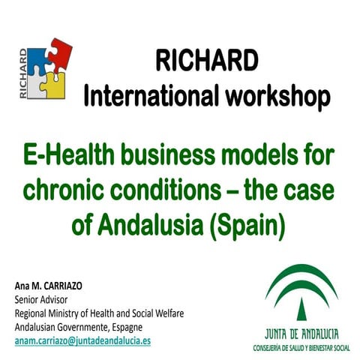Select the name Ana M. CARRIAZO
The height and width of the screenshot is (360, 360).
(52, 287)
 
